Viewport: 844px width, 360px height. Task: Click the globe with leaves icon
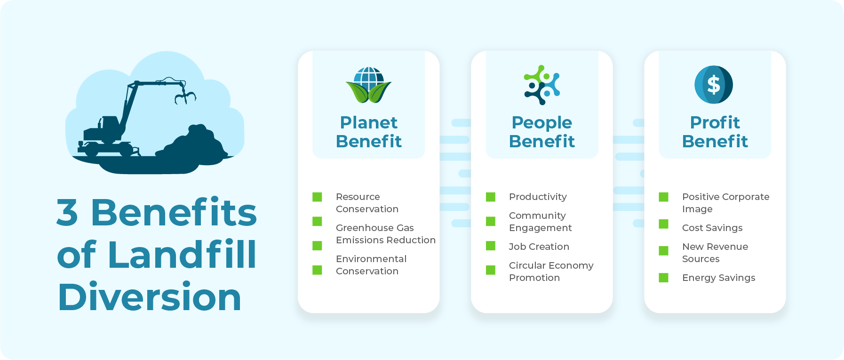369,85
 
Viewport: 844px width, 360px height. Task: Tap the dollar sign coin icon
714,85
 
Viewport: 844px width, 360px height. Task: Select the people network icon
542,85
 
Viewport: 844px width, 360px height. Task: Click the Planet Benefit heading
369,132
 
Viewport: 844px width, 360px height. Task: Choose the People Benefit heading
542,132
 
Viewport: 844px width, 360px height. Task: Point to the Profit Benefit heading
715,132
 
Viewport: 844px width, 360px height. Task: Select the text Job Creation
539,247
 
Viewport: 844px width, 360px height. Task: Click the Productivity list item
538,197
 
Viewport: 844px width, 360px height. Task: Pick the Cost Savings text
712,228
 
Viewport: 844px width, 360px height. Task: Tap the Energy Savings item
718,278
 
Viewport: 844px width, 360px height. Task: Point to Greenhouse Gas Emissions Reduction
385,234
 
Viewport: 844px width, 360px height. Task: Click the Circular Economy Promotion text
551,272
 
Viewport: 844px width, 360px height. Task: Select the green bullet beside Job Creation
491,246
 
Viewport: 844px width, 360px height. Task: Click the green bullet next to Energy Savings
664,278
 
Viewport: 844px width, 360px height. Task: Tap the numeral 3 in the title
67,212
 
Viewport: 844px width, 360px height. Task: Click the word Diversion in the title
150,297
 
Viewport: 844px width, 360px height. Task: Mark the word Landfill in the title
182,255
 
